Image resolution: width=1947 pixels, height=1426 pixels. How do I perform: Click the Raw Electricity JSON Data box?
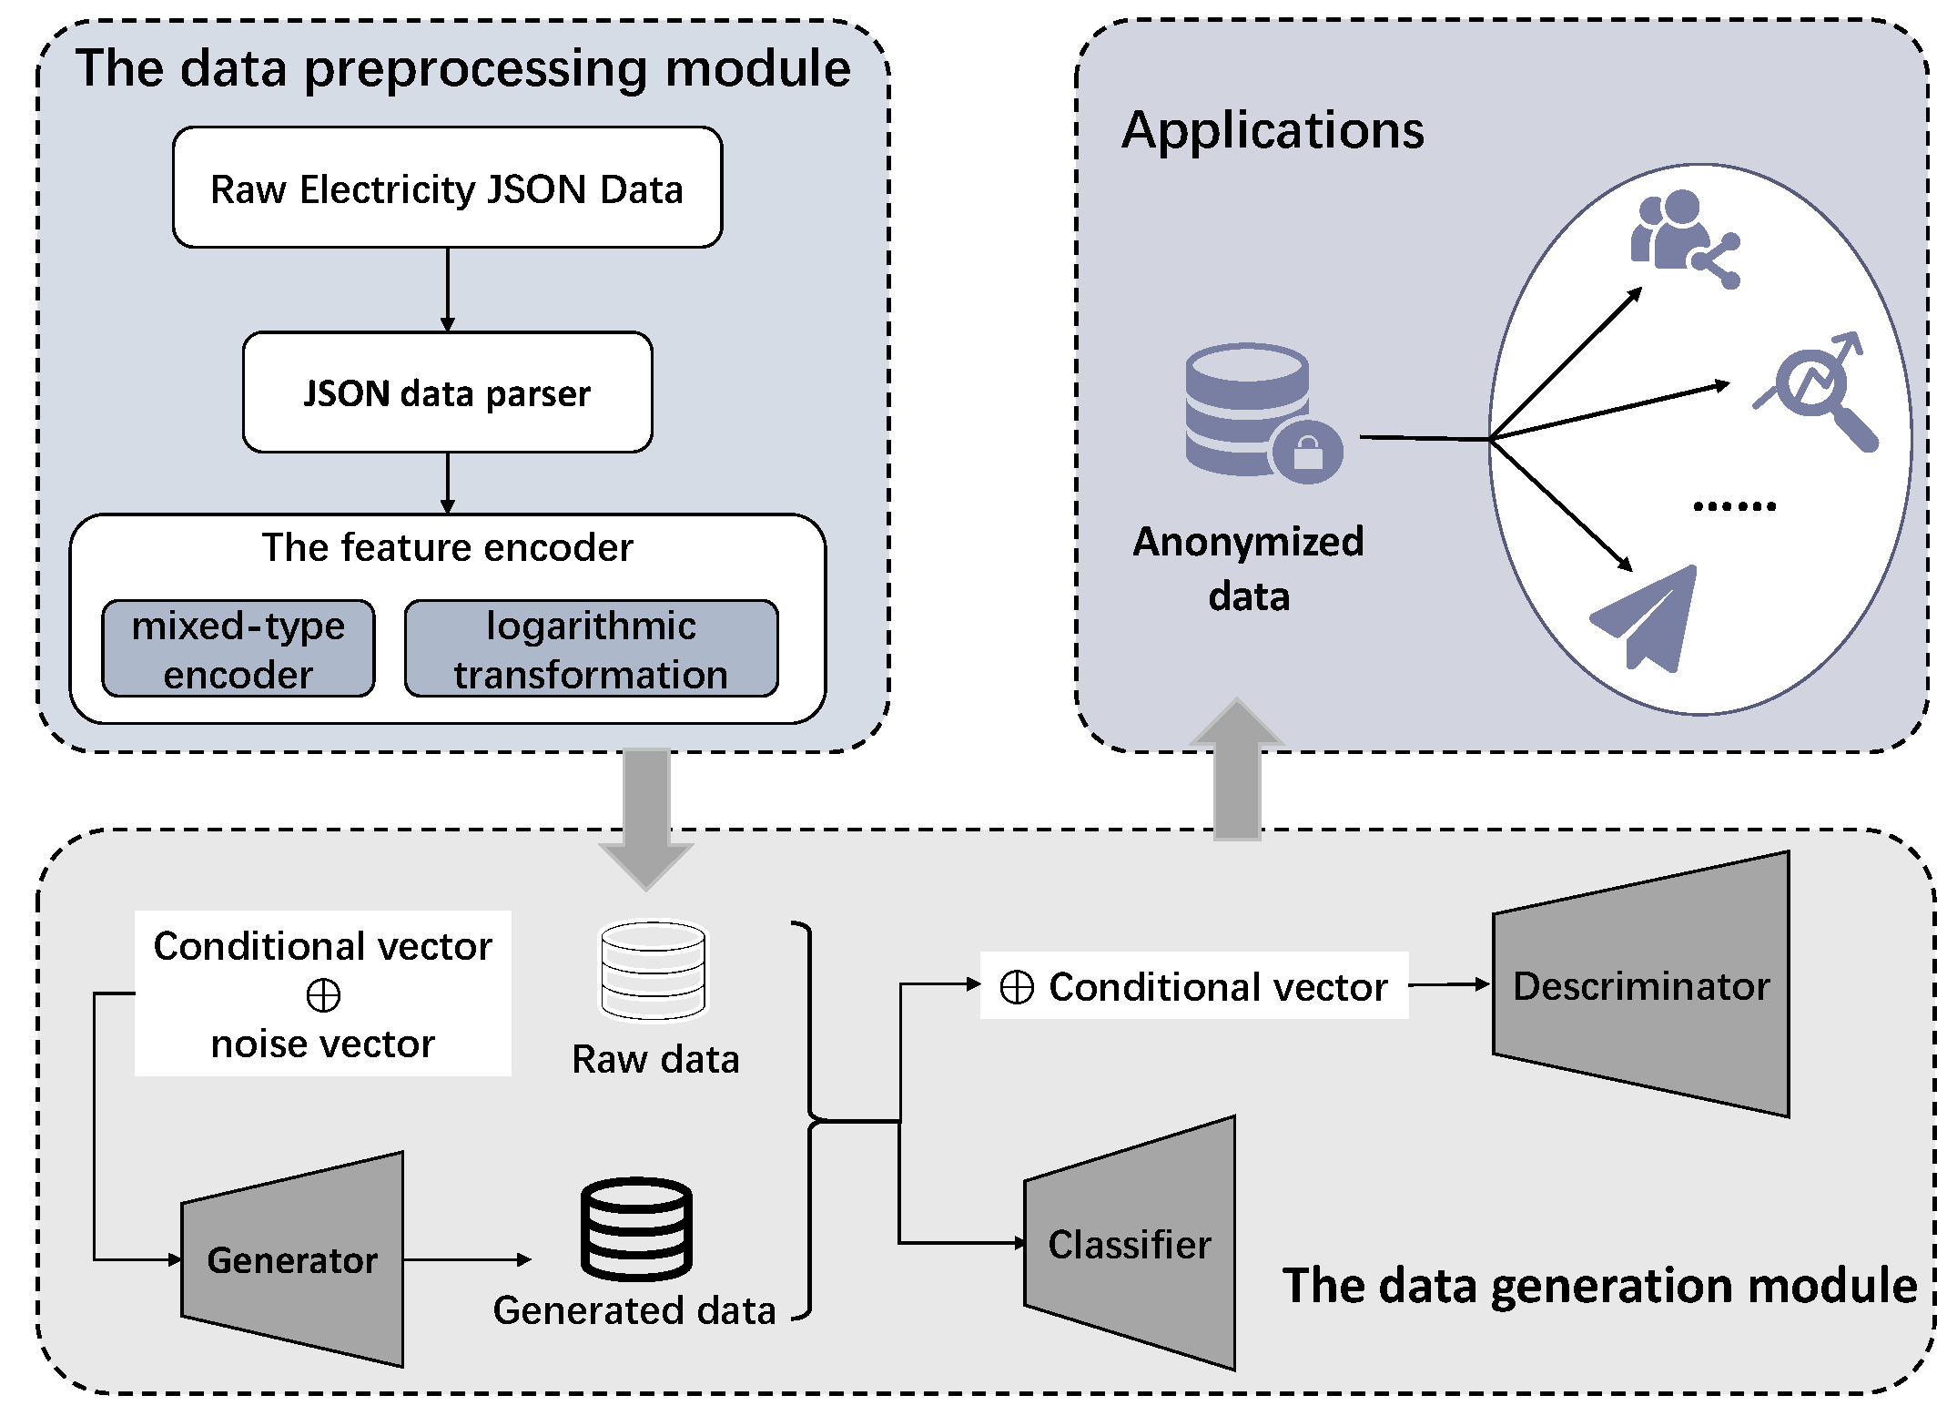point(447,188)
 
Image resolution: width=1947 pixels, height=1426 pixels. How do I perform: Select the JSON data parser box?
point(447,392)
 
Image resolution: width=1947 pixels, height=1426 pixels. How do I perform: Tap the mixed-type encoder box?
point(238,648)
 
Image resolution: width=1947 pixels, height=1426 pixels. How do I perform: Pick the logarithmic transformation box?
point(591,648)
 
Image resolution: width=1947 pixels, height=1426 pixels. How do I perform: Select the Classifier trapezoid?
point(1130,1244)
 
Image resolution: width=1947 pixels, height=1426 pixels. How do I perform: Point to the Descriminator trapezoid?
point(1641,984)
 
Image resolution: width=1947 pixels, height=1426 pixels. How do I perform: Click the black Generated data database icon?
point(636,1228)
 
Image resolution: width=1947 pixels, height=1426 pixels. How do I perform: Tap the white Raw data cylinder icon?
point(653,970)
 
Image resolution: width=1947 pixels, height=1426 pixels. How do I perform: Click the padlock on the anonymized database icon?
point(1307,452)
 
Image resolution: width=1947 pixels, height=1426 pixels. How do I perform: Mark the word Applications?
point(1272,130)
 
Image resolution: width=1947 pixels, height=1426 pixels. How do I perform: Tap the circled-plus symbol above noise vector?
point(323,995)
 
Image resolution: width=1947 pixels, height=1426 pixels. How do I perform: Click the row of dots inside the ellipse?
point(1733,506)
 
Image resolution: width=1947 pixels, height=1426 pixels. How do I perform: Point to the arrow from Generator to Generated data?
point(466,1259)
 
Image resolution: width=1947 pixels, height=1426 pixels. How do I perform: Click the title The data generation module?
point(1599,1285)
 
